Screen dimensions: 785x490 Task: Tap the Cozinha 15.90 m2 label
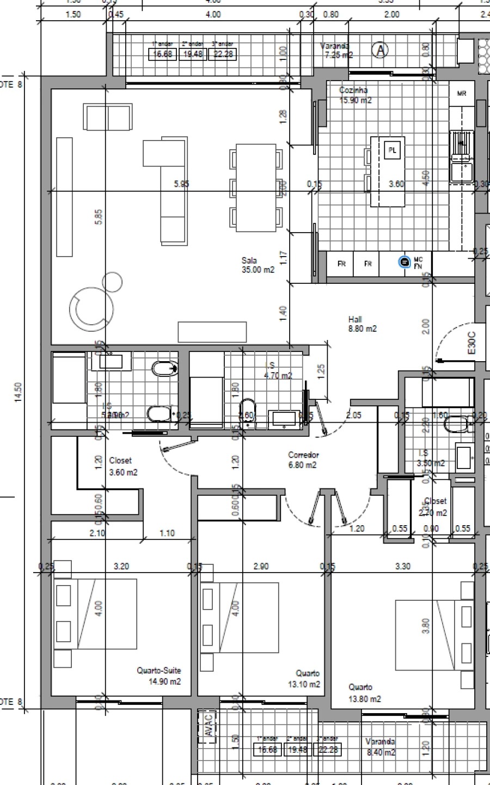point(354,95)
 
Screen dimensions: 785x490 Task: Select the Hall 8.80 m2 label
point(362,324)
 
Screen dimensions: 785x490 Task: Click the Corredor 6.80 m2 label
point(303,460)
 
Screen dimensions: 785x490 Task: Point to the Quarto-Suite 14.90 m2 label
point(159,676)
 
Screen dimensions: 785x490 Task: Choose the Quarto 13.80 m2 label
point(364,693)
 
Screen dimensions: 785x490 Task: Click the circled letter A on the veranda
point(381,50)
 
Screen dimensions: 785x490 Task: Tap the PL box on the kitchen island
point(392,150)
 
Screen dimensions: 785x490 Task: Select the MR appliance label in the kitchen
point(462,94)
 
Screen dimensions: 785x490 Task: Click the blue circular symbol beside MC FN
point(404,263)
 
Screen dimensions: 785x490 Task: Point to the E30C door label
point(471,343)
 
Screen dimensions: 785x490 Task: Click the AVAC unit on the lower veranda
point(209,725)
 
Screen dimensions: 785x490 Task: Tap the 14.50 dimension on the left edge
point(18,392)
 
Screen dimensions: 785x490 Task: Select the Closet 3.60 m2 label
point(123,467)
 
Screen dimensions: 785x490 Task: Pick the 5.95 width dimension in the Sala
point(181,184)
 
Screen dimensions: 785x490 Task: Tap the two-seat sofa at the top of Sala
point(108,117)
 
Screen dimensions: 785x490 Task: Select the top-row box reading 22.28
point(223,54)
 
